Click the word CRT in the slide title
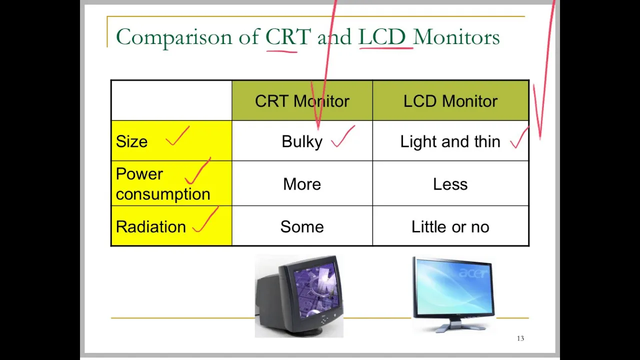[288, 36]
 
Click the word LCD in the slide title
[382, 36]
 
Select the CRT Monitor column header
[302, 101]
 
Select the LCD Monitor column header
[450, 101]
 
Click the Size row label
[131, 141]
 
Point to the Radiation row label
[151, 227]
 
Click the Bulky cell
[302, 142]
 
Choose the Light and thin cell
[450, 141]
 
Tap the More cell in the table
[302, 184]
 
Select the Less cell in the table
[450, 184]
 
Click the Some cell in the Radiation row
[302, 227]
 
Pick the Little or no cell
[450, 227]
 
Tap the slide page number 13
[520, 338]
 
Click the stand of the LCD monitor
[453, 325]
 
